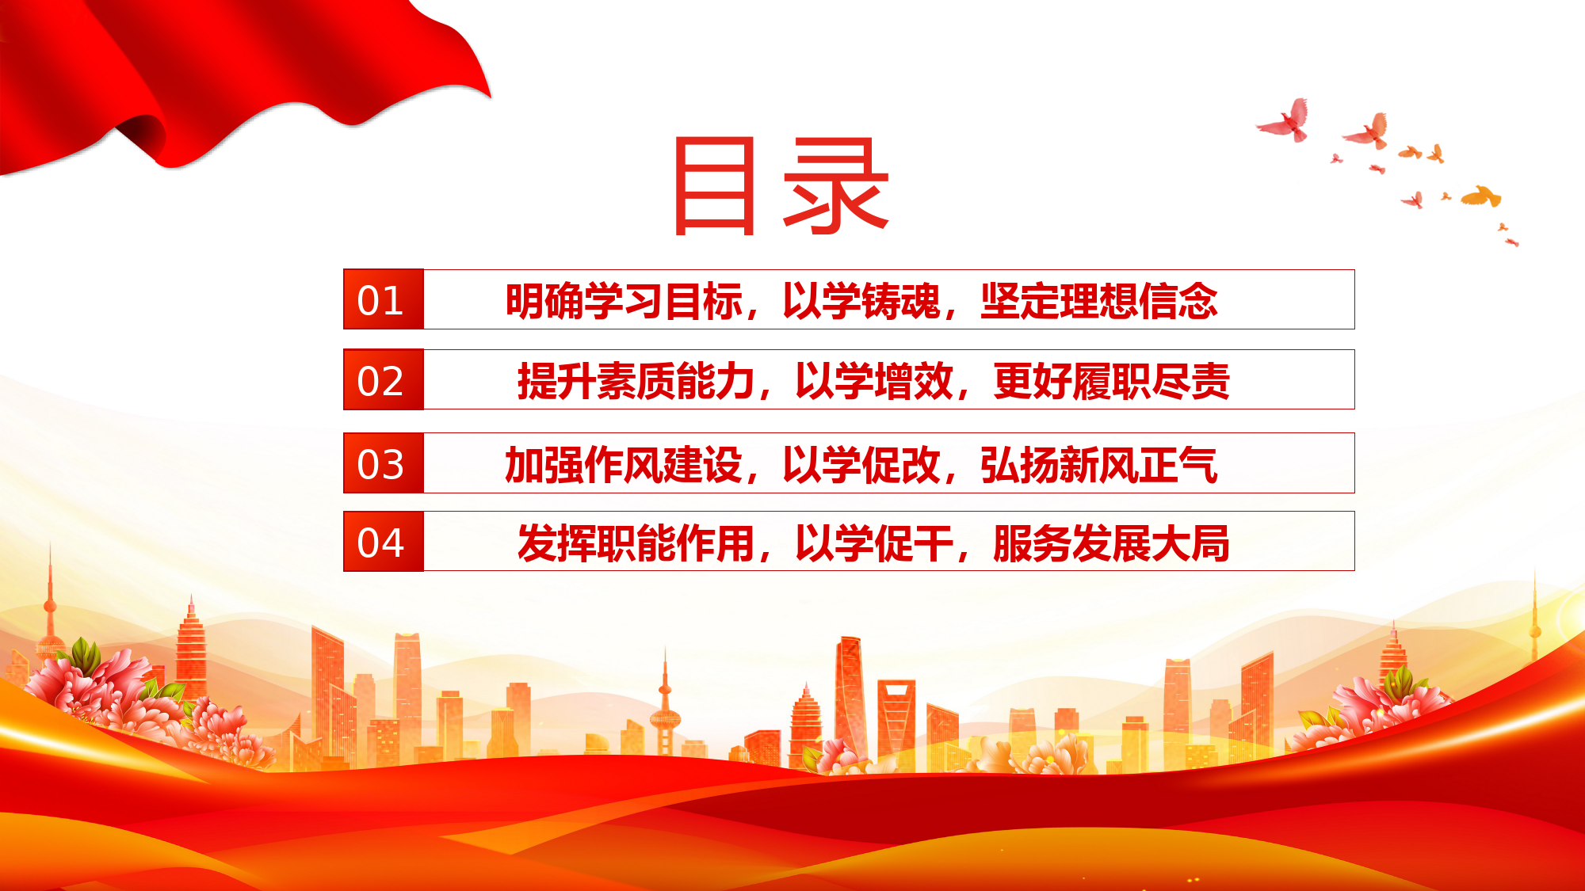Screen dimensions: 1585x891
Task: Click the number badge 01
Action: (x=384, y=299)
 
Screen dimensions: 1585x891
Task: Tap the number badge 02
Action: (x=384, y=379)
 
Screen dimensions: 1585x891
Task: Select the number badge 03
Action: (x=384, y=463)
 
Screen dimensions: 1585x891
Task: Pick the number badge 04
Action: (x=384, y=542)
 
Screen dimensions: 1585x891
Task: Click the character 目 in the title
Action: (x=714, y=186)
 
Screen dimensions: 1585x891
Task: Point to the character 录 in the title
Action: (x=836, y=186)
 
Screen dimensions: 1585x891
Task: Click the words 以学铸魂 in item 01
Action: (x=861, y=301)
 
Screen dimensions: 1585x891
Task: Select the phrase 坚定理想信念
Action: (x=1099, y=301)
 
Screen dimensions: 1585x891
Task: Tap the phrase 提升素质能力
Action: (x=636, y=381)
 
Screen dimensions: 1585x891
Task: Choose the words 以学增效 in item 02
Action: (x=873, y=381)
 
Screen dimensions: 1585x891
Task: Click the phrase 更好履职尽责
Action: (x=1111, y=381)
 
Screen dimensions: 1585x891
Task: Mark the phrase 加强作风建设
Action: (x=624, y=465)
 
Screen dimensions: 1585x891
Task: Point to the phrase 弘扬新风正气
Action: (x=1099, y=465)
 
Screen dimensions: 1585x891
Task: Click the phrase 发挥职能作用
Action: (x=636, y=543)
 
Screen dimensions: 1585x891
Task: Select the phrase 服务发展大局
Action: (x=1111, y=543)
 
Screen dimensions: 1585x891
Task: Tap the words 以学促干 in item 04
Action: (x=873, y=543)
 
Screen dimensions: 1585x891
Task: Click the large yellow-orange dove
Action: (x=1481, y=196)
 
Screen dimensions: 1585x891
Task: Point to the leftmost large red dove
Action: (x=1285, y=121)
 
